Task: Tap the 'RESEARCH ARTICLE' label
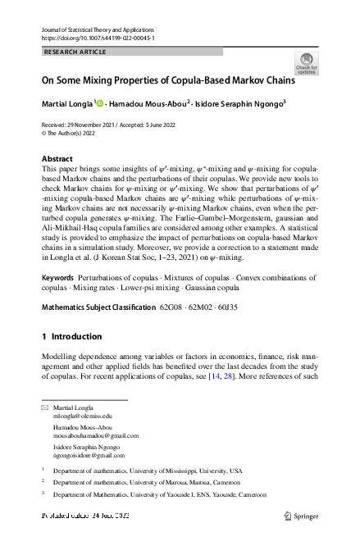[74, 52]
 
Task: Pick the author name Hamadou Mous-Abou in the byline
[150, 104]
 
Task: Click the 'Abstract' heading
[57, 159]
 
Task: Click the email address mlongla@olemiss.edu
[83, 416]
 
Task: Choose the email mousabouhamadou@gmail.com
[96, 436]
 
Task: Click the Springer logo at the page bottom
[301, 516]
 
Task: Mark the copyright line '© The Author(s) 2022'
[75, 131]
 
